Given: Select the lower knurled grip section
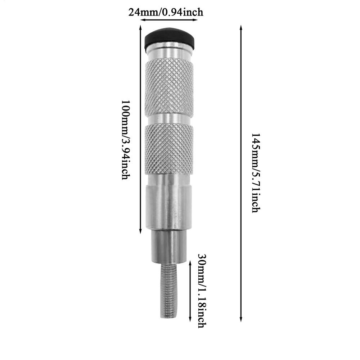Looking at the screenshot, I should (169, 149).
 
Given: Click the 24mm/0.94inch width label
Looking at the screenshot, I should (166, 12).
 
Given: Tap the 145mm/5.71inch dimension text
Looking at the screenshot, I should (255, 173).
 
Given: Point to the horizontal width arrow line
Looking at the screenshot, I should (169, 20).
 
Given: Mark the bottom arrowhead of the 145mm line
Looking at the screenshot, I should (241, 319).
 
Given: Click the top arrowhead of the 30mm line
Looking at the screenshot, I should (190, 264).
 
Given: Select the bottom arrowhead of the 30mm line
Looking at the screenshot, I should (190, 320).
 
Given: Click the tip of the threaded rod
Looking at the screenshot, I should (168, 316).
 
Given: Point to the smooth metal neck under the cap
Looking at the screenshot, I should (169, 52).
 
